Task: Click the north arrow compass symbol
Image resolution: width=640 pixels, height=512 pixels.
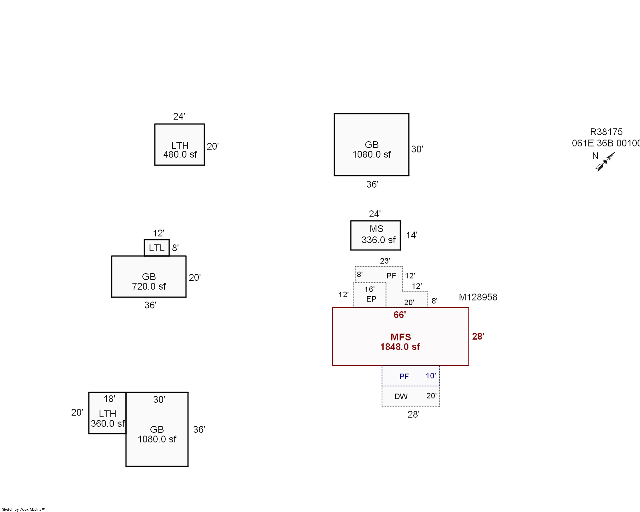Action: [605, 162]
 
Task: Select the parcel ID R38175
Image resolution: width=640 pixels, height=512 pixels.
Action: [606, 132]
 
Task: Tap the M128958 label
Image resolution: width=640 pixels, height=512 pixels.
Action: [478, 297]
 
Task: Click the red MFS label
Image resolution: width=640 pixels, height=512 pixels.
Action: [401, 337]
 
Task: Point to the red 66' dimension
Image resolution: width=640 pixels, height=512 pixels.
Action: [400, 315]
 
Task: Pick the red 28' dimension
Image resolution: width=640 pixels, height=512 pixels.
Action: [478, 336]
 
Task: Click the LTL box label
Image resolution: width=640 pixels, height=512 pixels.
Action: [156, 248]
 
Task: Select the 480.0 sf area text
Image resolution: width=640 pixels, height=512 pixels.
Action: [180, 154]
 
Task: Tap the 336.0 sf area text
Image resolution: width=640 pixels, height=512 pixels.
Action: [378, 240]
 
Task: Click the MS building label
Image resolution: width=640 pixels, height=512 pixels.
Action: [376, 229]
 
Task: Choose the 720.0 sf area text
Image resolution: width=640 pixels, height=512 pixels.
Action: [149, 286]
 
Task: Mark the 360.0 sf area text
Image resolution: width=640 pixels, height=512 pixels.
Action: [108, 424]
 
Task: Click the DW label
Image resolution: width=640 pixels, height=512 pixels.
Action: [401, 396]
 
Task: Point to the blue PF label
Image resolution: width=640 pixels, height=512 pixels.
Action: [404, 376]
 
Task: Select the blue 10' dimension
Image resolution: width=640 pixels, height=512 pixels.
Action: [430, 376]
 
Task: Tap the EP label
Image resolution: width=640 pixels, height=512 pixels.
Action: [371, 299]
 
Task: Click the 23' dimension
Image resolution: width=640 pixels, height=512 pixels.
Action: [385, 261]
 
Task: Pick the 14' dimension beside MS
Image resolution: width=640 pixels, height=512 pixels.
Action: [412, 235]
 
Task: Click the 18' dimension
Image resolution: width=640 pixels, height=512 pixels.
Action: [109, 399]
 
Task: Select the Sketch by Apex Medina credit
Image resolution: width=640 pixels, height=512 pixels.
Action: [24, 509]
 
